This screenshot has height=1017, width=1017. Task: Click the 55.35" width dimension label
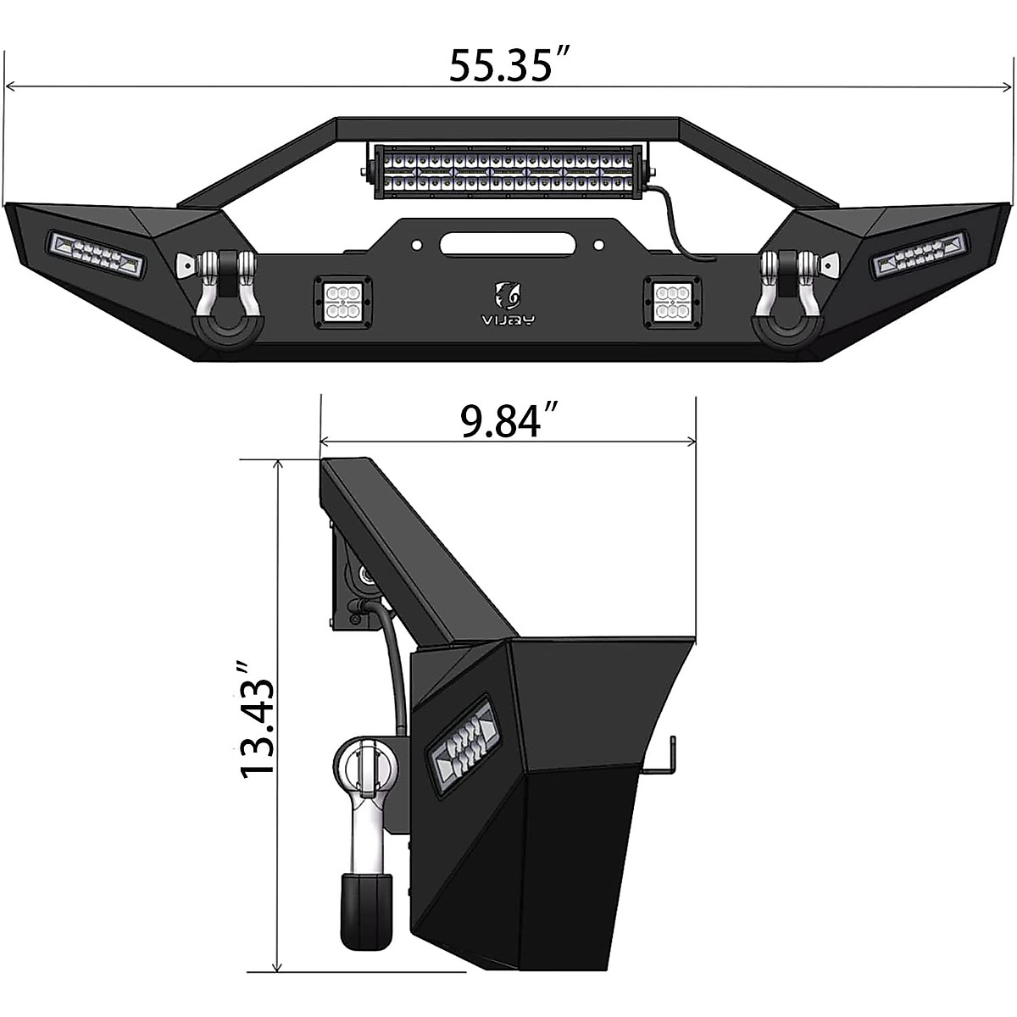pyautogui.click(x=508, y=65)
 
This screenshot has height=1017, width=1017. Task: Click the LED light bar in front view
pyautogui.click(x=507, y=169)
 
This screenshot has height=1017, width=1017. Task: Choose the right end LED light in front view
pyautogui.click(x=919, y=254)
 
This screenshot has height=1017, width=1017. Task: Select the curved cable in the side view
pyautogui.click(x=394, y=670)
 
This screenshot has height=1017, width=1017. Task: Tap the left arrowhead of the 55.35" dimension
pyautogui.click(x=10, y=86)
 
